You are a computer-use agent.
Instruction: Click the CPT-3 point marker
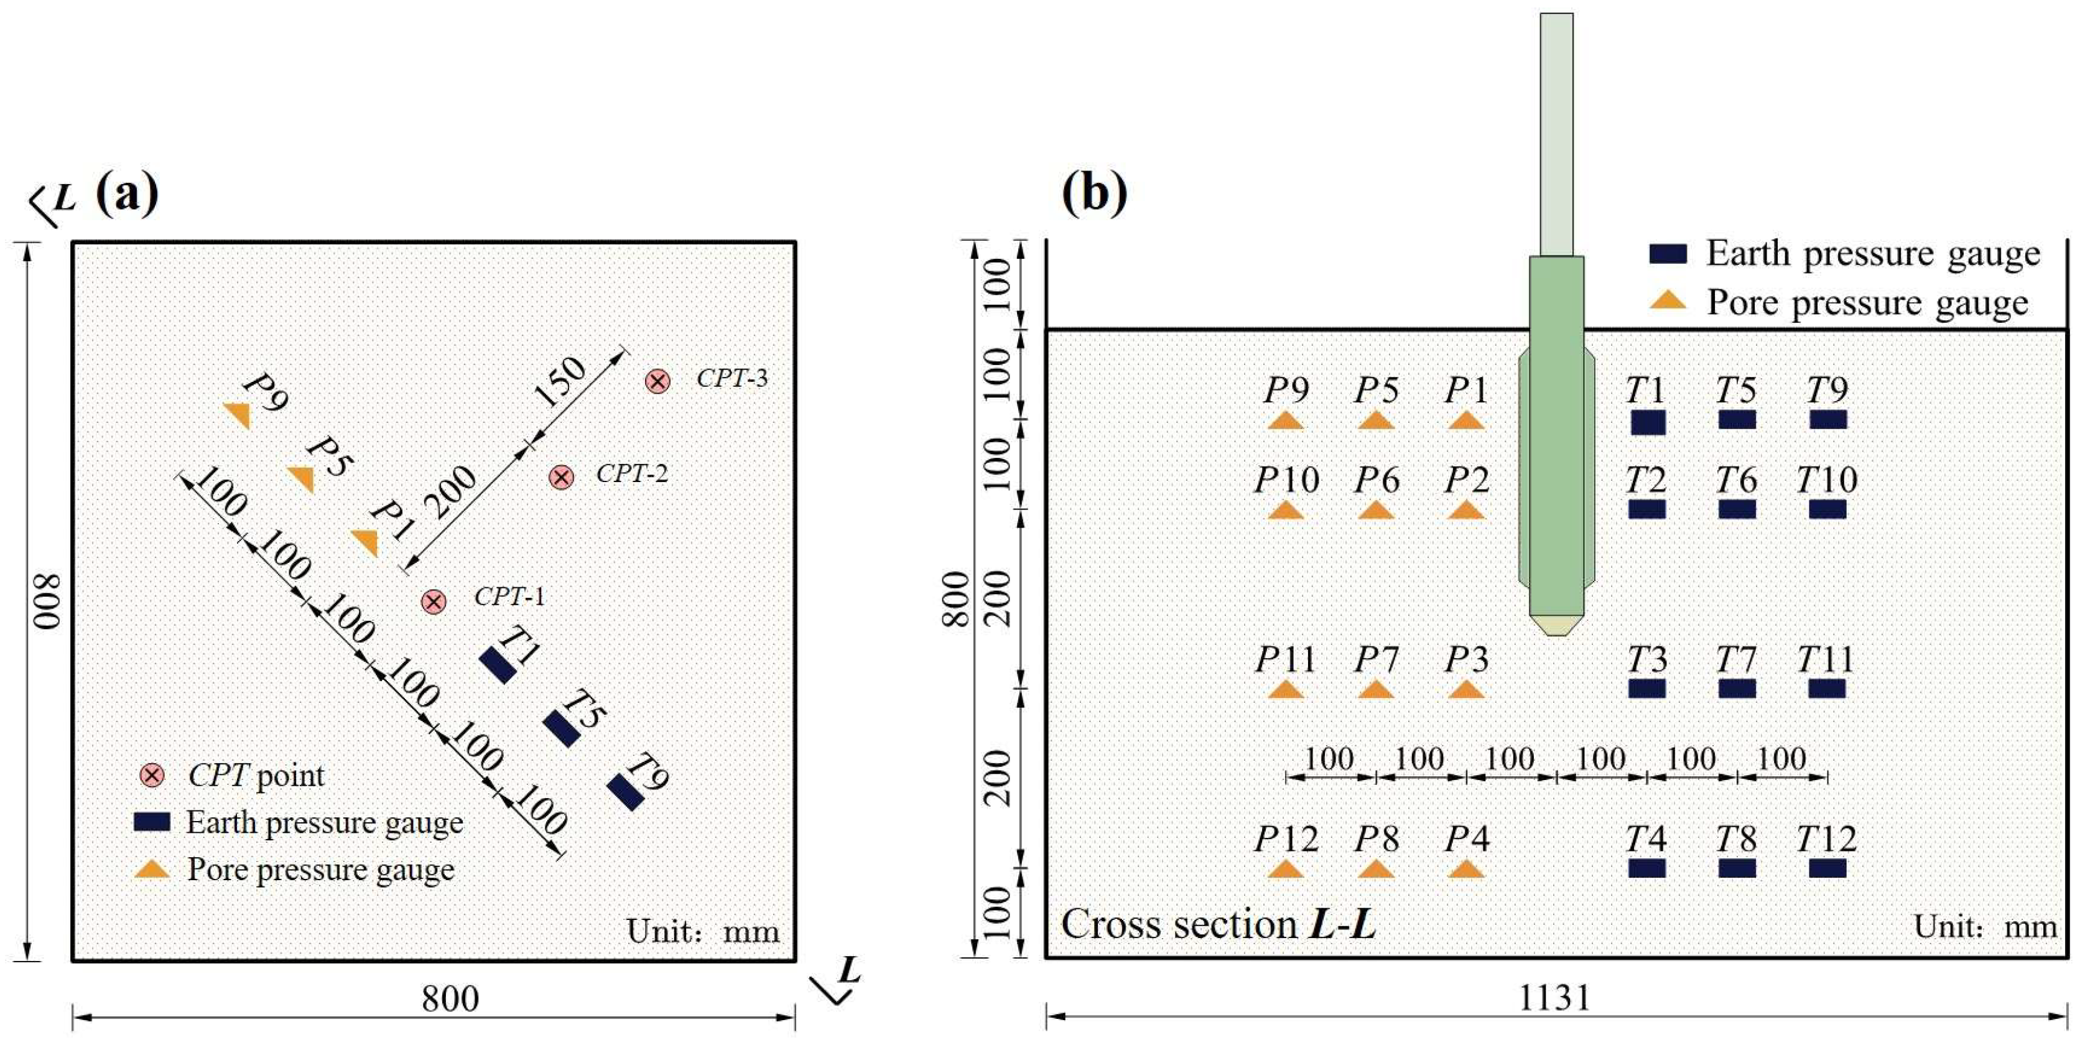(658, 381)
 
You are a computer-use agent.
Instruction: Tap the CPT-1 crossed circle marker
(434, 601)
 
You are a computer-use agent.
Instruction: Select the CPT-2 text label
(631, 473)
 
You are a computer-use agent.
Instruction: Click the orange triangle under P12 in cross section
(1286, 870)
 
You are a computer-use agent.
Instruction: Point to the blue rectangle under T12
(1827, 868)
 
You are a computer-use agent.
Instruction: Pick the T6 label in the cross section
(1736, 480)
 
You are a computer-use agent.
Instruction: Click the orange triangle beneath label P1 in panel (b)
(1465, 420)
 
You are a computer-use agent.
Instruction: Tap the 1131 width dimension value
(1555, 999)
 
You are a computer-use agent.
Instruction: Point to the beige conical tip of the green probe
(1556, 625)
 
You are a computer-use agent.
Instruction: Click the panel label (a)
(127, 194)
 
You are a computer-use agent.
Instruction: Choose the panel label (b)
(1094, 194)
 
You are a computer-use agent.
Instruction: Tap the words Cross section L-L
(1219, 924)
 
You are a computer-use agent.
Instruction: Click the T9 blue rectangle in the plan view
(625, 792)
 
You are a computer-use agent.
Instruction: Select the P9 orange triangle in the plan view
(238, 415)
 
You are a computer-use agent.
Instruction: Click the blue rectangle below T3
(1646, 689)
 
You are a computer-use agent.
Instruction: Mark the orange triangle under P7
(1376, 690)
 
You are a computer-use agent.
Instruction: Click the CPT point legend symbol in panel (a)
(152, 775)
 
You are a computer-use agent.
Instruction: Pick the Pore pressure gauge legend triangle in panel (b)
(1668, 301)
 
